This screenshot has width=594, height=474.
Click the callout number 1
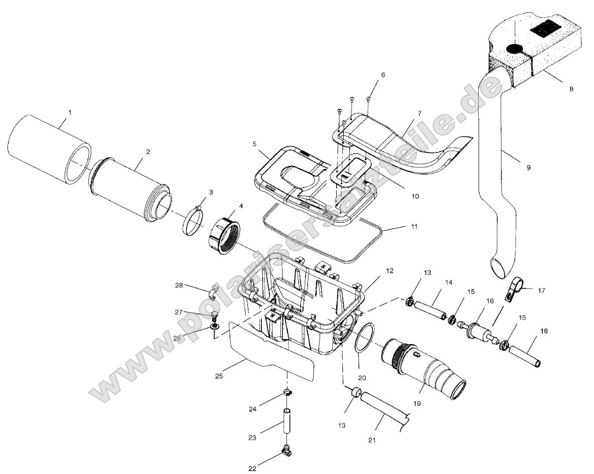tap(70, 112)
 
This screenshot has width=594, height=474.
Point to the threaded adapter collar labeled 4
tap(224, 235)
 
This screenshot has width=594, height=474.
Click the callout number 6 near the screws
tap(383, 75)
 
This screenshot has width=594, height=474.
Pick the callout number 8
tap(571, 89)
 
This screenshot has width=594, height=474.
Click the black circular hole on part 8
tap(515, 49)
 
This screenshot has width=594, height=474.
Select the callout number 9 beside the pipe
tap(528, 168)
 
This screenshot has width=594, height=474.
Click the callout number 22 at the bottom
tap(252, 468)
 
